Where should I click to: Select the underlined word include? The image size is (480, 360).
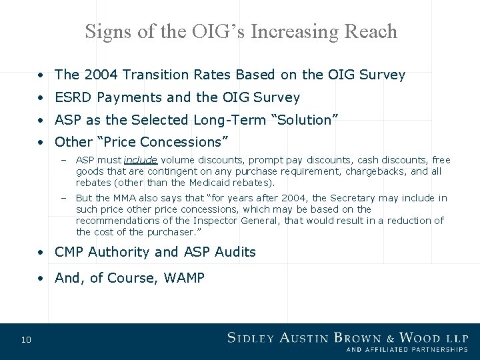pyautogui.click(x=140, y=160)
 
